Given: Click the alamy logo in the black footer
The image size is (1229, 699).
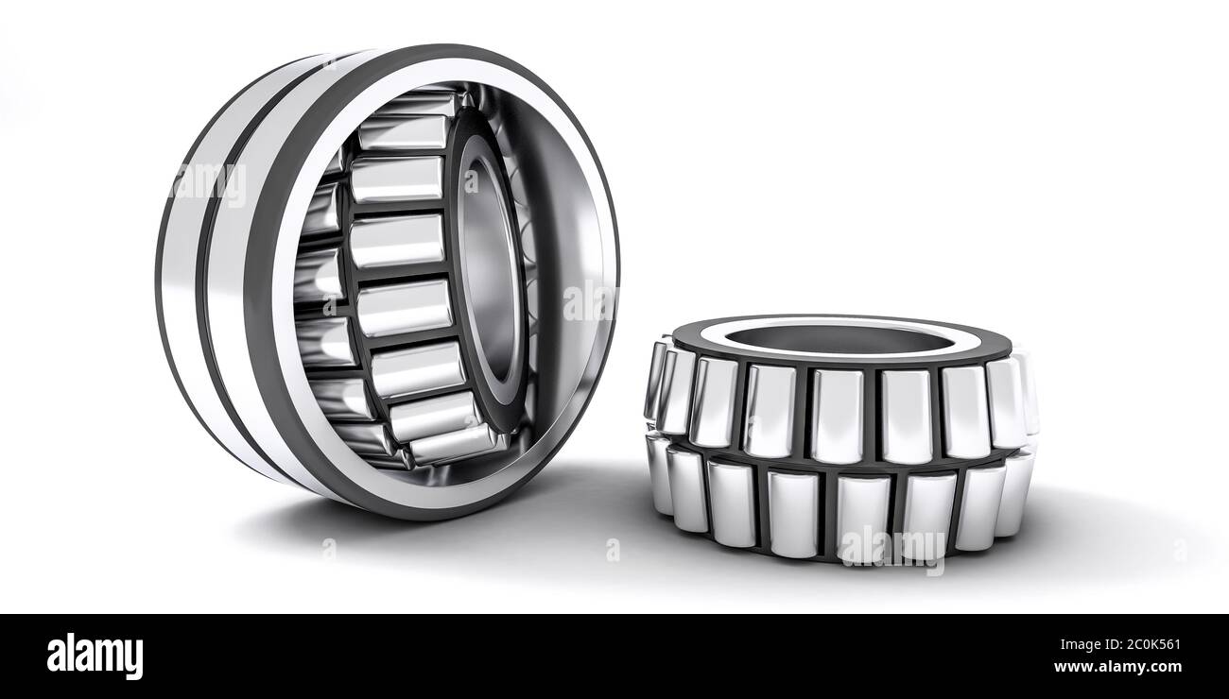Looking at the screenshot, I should point(95,656).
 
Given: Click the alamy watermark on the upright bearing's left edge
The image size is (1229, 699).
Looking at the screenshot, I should point(208,181).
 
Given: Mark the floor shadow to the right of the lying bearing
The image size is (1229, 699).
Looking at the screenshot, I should point(1106,529).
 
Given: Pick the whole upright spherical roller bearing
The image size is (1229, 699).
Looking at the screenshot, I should point(388,280).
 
